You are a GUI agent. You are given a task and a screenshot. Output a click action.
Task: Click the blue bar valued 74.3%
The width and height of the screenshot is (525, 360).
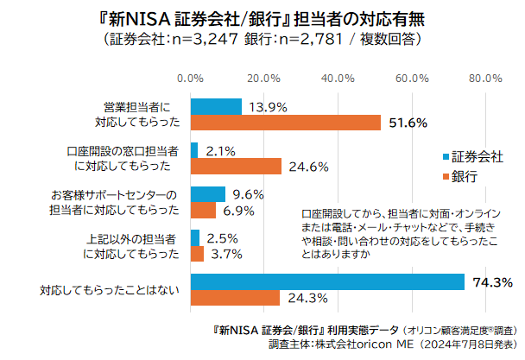coord(327,281)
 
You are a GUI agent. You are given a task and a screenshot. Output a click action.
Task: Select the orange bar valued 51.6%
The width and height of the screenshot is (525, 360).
coord(285,123)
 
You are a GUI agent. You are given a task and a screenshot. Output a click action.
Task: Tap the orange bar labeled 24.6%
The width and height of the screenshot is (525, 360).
coord(236,166)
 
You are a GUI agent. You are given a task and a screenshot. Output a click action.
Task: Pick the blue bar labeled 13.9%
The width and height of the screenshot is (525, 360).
coord(216,107)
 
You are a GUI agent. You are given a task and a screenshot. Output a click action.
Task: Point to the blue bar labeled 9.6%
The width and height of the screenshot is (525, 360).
coord(207,194)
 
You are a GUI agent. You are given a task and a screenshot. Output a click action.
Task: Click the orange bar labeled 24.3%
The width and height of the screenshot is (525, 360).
coord(235,298)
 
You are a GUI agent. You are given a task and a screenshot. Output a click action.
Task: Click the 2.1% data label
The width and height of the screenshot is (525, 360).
coord(221,151)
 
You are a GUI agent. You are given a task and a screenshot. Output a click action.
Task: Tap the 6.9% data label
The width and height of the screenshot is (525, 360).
coord(237,210)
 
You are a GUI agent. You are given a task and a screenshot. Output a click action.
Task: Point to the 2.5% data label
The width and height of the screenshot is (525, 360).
coord(223,238)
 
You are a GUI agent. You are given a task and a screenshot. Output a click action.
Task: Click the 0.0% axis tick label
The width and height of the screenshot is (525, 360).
coord(190,79)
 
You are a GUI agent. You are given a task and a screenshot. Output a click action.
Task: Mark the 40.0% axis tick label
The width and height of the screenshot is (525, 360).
coord(338,79)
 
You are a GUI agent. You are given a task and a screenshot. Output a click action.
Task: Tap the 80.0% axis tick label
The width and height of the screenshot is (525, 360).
coord(485,79)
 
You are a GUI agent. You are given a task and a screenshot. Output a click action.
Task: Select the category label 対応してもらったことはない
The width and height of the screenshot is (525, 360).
coord(110,290)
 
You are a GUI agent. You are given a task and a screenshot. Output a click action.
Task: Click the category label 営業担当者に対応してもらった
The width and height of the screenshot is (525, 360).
coord(136,115)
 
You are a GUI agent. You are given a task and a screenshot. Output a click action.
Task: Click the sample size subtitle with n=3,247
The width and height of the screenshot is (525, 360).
coord(262,39)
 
